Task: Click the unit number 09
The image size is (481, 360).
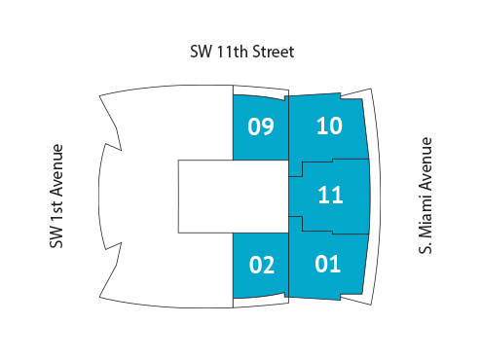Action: pos(260,126)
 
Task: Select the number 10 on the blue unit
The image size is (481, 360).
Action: pos(330,125)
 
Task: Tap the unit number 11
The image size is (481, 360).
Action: pos(330,195)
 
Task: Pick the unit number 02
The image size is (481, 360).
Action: pos(261,264)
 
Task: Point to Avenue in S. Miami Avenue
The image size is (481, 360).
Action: pos(425,161)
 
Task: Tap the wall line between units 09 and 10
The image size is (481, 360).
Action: pos(290,126)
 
